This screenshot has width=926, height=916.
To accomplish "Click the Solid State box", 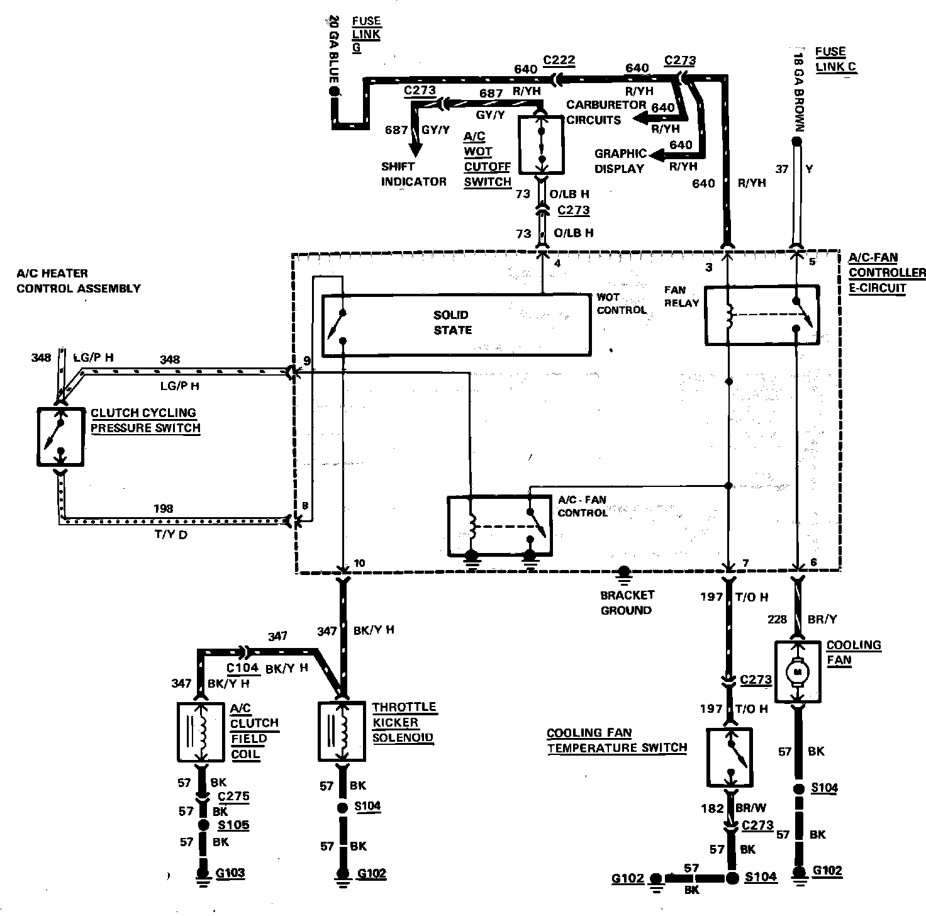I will (x=456, y=323).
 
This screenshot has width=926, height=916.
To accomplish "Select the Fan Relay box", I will (x=761, y=315).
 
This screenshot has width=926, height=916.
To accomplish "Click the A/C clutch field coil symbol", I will (x=201, y=731).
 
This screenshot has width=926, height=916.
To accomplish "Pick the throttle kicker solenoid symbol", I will (x=342, y=731).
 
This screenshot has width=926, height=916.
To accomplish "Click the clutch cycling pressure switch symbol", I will (x=60, y=437).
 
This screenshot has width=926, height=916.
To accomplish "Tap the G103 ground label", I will (x=230, y=873).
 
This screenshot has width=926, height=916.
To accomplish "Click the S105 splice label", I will (x=233, y=825).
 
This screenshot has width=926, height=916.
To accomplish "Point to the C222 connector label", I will (x=559, y=60).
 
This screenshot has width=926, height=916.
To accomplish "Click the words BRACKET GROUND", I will (x=627, y=602).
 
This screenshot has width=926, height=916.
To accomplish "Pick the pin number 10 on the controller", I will (x=359, y=562).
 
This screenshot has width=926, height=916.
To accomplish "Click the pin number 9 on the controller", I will (x=306, y=361).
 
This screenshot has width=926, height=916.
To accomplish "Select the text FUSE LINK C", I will (x=834, y=59).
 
